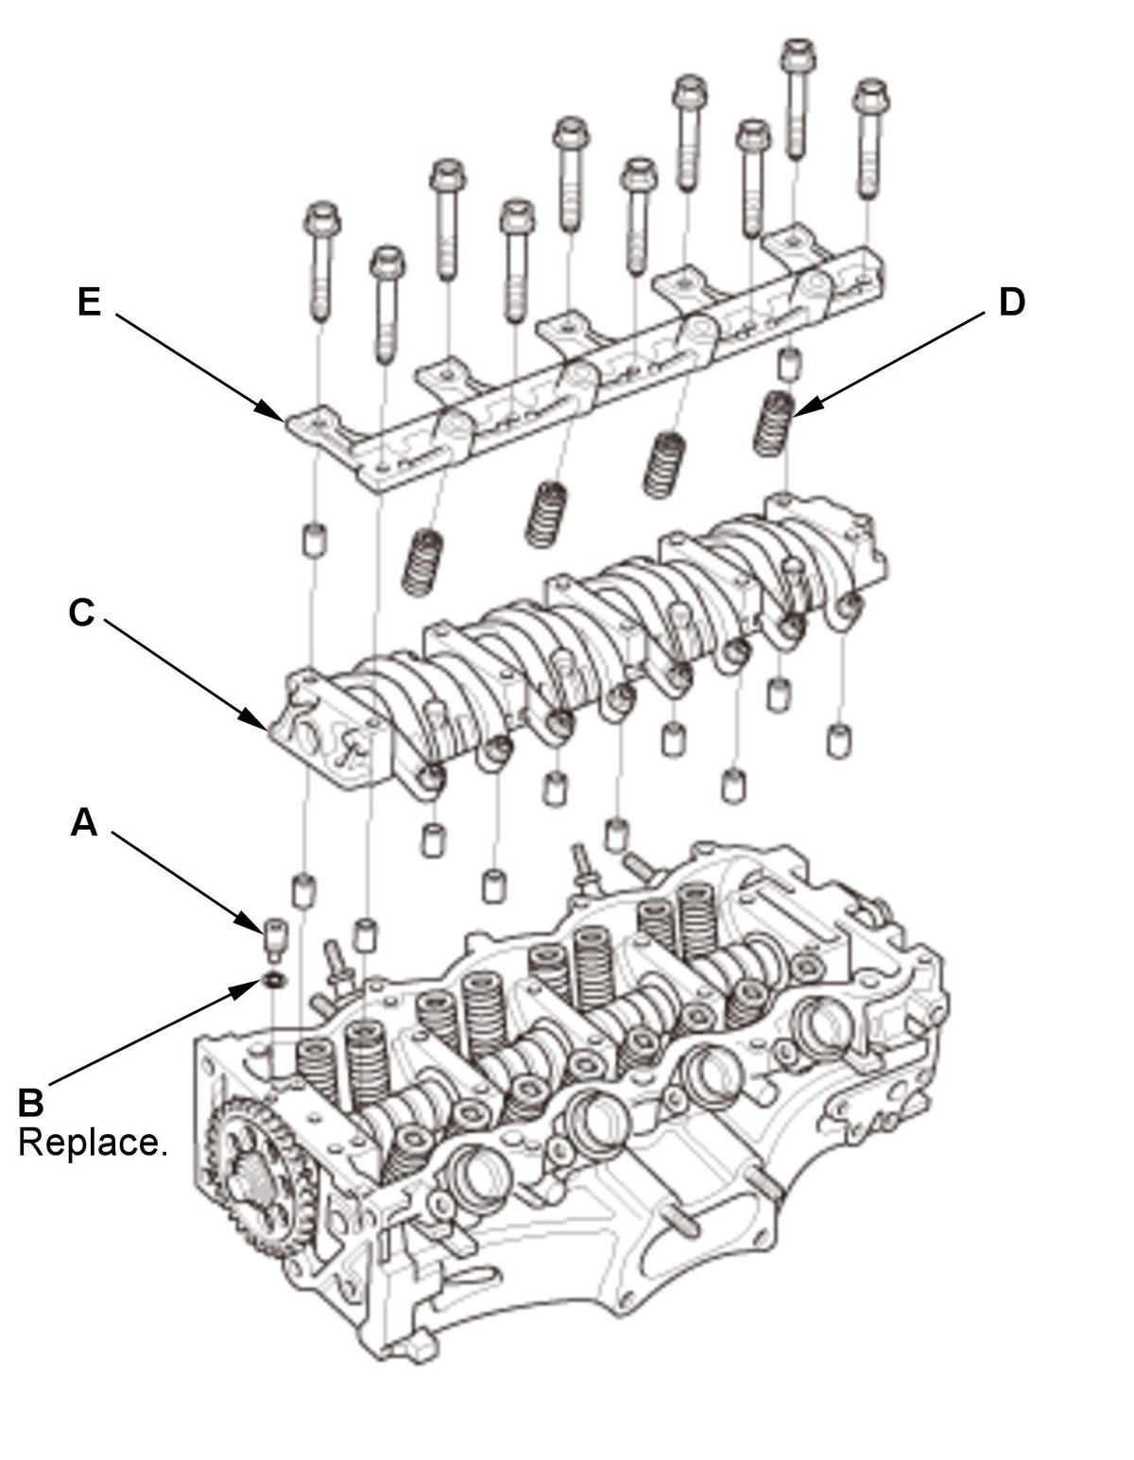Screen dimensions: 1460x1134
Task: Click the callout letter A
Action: (x=84, y=823)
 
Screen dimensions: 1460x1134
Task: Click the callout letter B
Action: (x=31, y=1102)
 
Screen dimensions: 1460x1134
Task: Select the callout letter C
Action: (x=81, y=613)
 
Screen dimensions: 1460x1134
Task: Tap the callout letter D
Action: (x=1011, y=302)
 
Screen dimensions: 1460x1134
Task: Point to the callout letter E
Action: (x=89, y=302)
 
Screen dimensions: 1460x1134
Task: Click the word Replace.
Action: (x=93, y=1142)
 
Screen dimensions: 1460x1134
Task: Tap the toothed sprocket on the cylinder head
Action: (x=255, y=1177)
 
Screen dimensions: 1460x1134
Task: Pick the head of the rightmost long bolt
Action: (x=870, y=96)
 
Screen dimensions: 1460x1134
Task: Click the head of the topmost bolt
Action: (x=798, y=54)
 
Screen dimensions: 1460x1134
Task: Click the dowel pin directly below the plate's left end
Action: (x=312, y=541)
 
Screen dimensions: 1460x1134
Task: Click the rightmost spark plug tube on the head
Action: (x=816, y=1023)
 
